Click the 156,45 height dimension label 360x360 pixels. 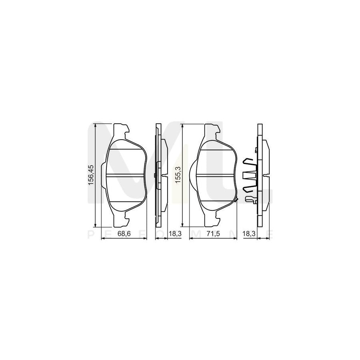(x=91, y=175)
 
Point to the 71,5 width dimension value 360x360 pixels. (x=212, y=234)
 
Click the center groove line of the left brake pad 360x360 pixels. (x=126, y=175)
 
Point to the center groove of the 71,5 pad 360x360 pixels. (x=216, y=175)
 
